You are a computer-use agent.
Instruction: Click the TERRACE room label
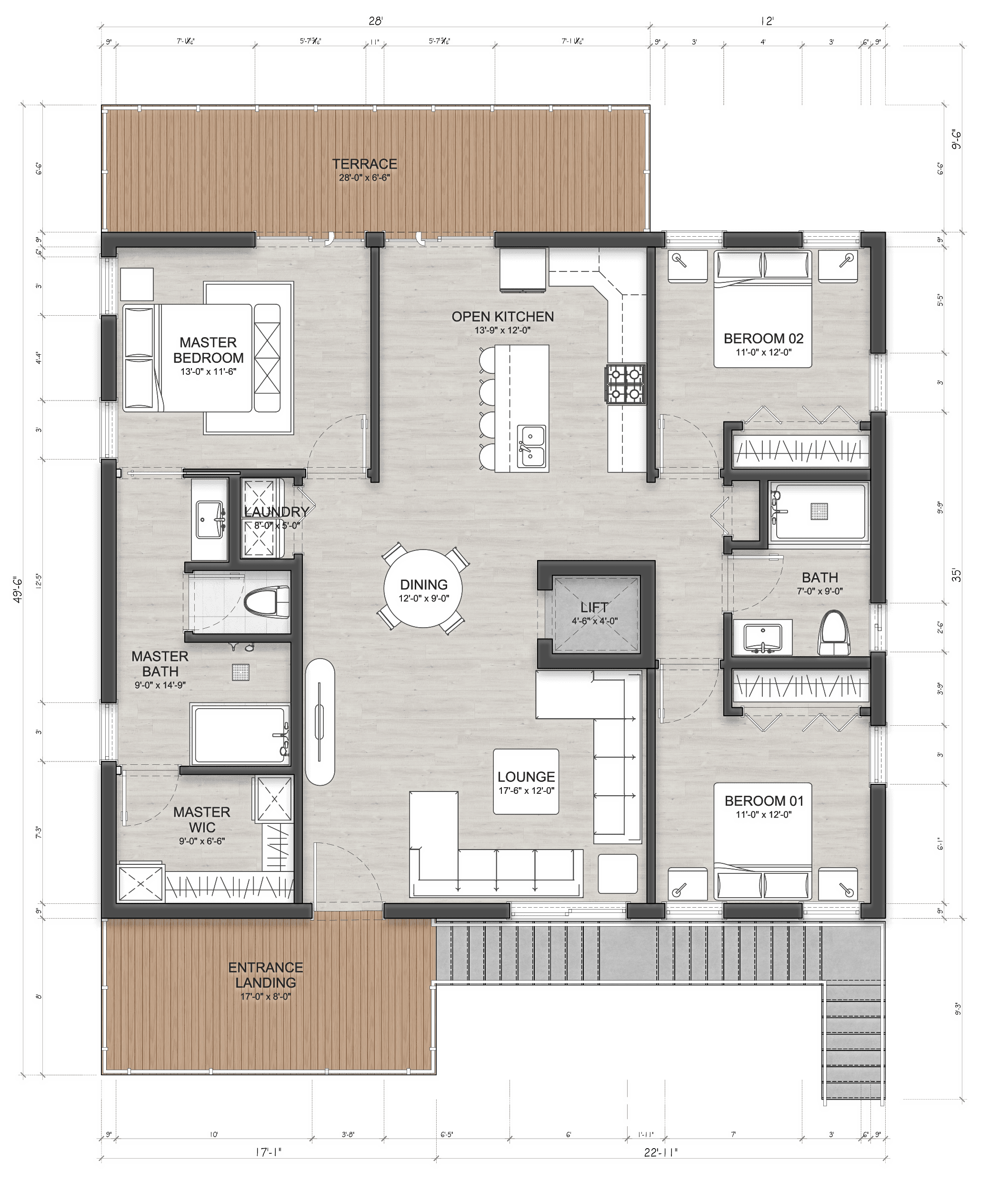pyautogui.click(x=364, y=164)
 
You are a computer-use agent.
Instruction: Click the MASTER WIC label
pyautogui.click(x=201, y=820)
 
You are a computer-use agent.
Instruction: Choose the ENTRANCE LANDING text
pyautogui.click(x=265, y=975)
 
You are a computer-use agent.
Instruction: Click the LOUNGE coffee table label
pyautogui.click(x=526, y=777)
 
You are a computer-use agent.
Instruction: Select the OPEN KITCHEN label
pyautogui.click(x=502, y=317)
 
